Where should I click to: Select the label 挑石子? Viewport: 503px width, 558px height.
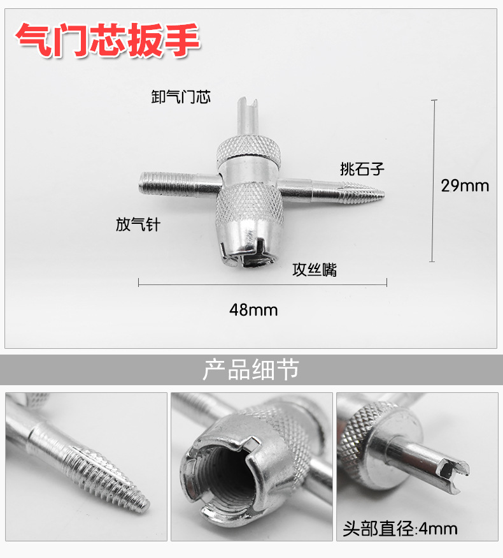pos(362,169)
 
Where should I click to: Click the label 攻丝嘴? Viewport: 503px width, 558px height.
pos(315,270)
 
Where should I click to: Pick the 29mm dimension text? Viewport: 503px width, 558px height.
pos(465,186)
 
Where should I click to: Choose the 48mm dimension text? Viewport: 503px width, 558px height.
pos(253,310)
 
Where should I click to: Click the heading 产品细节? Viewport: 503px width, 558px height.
pos(251,370)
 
